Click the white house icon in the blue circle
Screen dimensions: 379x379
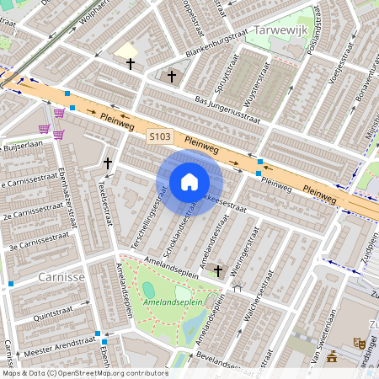[x=189, y=183]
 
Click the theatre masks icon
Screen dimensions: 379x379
[x=358, y=342]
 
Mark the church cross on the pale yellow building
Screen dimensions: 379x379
[x=130, y=63]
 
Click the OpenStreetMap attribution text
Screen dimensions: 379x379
[x=84, y=373]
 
